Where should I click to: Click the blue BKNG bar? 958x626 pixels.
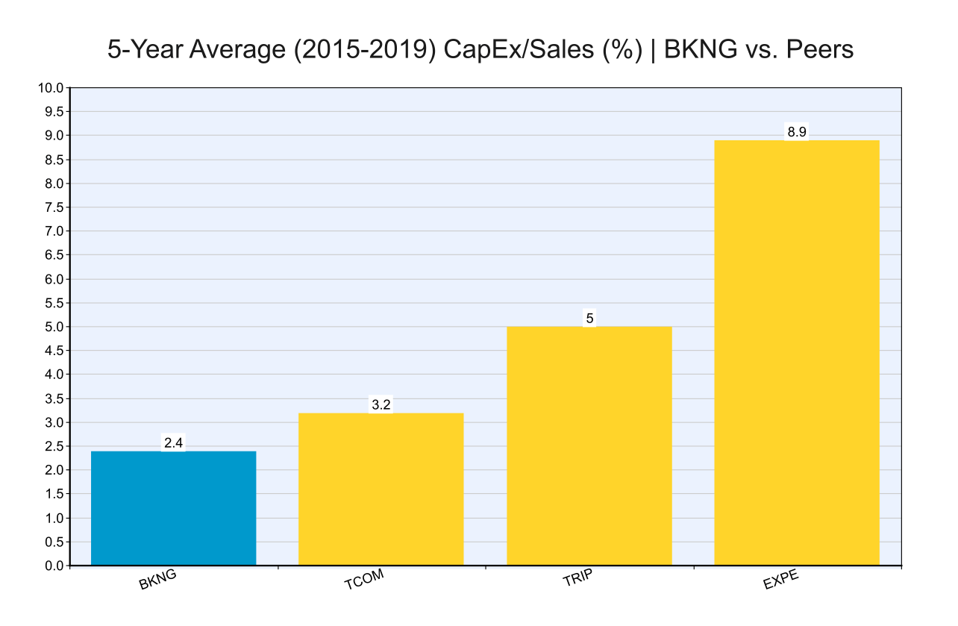coord(173,508)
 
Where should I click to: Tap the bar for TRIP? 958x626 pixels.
coord(589,445)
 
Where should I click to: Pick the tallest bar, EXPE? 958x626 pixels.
coord(796,352)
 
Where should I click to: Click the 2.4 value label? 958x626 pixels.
coord(173,443)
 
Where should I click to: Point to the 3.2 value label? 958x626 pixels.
coord(381,405)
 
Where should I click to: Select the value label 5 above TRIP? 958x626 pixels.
coord(589,319)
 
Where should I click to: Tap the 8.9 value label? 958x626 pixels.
coord(797,133)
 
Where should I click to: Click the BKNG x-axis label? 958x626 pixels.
coord(157,582)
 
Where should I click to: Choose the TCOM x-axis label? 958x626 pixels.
coord(365,582)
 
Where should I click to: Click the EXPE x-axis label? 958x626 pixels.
coord(780,582)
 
